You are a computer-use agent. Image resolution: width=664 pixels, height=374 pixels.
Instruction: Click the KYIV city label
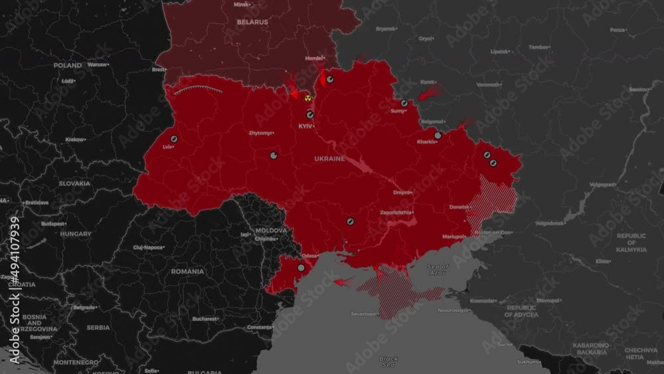tap(305, 126)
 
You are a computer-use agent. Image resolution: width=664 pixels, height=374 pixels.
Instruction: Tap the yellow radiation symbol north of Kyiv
tap(307, 98)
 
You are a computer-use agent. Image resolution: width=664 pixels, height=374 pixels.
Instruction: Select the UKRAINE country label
tap(329, 159)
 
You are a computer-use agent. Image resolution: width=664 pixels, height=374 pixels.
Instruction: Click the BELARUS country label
tap(252, 22)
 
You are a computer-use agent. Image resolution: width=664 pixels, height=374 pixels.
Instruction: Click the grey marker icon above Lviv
tap(174, 139)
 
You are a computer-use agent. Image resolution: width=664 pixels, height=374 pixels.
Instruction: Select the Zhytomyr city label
tap(260, 134)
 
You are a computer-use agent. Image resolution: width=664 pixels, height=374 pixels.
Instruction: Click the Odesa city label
tap(309, 256)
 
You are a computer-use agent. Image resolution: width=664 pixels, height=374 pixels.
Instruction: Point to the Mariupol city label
tap(454, 236)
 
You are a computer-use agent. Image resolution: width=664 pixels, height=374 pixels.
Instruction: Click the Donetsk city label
tap(459, 207)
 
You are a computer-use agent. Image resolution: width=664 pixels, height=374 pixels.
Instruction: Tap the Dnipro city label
tap(402, 193)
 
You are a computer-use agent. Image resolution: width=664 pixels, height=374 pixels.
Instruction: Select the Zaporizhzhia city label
tap(395, 213)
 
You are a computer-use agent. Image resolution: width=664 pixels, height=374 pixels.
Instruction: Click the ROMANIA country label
tap(187, 272)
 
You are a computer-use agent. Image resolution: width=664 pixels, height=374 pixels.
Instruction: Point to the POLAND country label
tap(68, 66)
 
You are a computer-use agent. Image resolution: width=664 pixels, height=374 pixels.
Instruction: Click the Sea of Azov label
tap(438, 268)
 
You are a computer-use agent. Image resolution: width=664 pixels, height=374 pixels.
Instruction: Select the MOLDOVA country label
tap(271, 231)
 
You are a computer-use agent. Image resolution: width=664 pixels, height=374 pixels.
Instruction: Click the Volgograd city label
tap(602, 185)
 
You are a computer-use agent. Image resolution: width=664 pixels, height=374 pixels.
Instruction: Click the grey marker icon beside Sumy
tap(404, 103)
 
